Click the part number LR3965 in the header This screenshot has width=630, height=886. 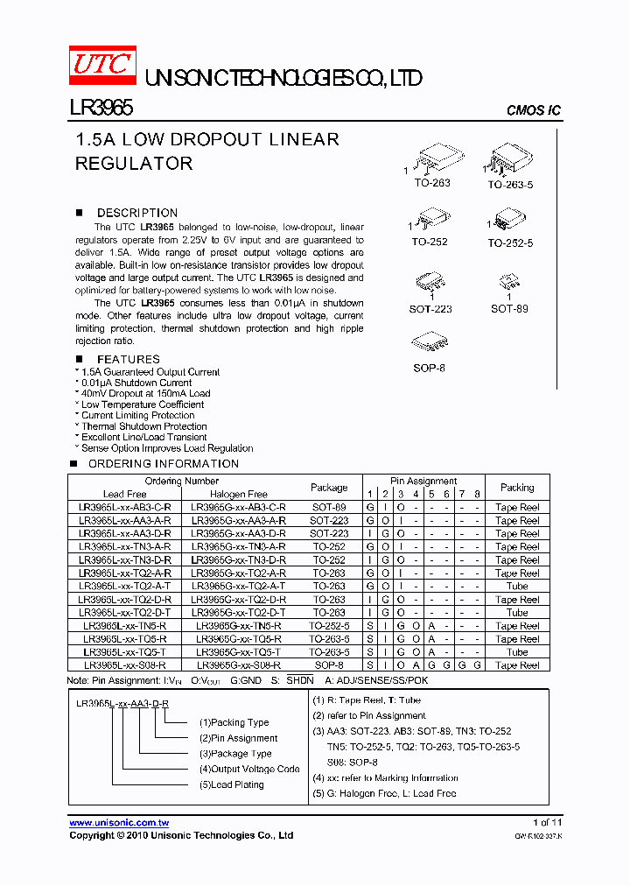101,107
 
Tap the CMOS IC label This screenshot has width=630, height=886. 534,110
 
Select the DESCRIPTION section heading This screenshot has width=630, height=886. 136,213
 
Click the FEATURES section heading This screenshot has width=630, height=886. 128,359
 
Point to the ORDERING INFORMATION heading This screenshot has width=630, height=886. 164,464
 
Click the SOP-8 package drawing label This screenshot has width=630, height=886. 429,369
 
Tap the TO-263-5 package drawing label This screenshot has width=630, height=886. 510,185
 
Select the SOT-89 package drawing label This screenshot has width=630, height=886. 509,309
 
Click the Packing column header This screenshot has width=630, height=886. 517,488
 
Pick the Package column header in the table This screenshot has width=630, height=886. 329,488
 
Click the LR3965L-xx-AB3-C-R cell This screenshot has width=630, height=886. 125,508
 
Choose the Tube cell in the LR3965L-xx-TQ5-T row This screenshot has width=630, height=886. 517,652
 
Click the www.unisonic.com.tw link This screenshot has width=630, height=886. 119,823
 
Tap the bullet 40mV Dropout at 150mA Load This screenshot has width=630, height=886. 145,394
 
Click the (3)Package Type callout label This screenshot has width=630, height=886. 235,754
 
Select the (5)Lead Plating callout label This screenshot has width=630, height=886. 232,785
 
